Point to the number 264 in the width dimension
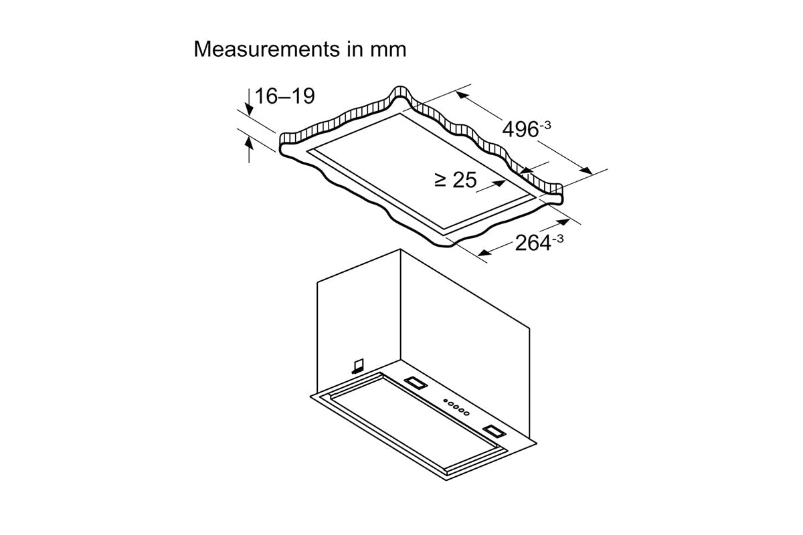[x=533, y=243]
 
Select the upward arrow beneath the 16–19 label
[x=249, y=143]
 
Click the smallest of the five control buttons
[x=442, y=402]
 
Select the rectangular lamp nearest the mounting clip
[x=415, y=383]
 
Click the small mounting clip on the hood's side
[x=357, y=364]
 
